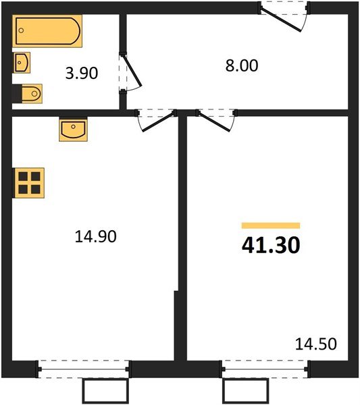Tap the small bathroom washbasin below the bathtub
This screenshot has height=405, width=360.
pos(22,63)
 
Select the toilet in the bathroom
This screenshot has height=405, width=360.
pos(31,92)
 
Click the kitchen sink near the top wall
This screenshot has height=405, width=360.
pos(73,130)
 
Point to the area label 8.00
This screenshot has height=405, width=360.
pos(242,66)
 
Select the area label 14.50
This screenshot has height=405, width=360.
pos(316,344)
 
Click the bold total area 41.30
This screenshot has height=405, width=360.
pos(270,244)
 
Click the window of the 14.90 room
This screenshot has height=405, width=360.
pos(83,367)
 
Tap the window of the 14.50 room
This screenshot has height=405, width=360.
pos(265,367)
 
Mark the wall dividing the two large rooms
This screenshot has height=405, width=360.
pos(182,236)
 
